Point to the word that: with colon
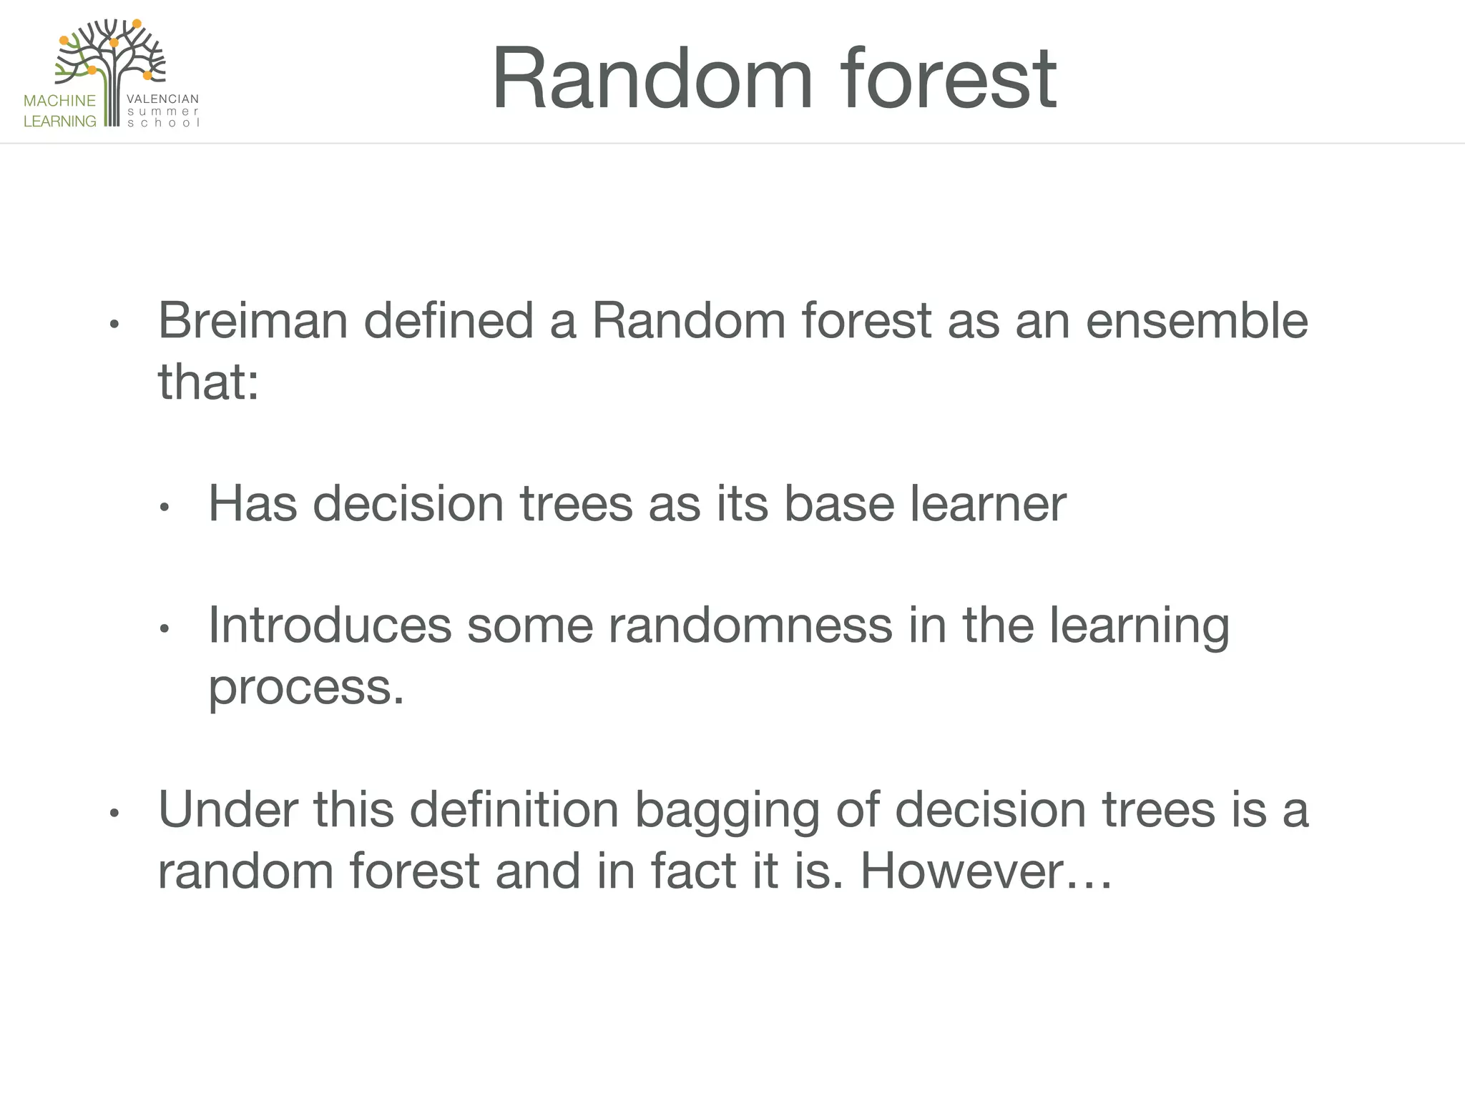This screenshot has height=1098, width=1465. pyautogui.click(x=208, y=382)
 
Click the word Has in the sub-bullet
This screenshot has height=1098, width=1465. pyautogui.click(x=253, y=504)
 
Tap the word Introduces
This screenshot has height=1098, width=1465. pyautogui.click(x=330, y=625)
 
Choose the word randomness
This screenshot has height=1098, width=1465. pyautogui.click(x=751, y=625)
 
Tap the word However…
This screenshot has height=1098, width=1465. pyautogui.click(x=986, y=871)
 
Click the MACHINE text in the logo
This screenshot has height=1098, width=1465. pyautogui.click(x=59, y=101)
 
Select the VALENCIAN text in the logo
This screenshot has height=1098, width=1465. pyautogui.click(x=162, y=99)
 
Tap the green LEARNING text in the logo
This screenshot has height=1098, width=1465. pyautogui.click(x=59, y=122)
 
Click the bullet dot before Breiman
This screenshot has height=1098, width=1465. pyautogui.click(x=113, y=325)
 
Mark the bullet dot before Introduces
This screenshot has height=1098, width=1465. pyautogui.click(x=164, y=630)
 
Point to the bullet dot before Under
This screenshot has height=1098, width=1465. pyautogui.click(x=113, y=813)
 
